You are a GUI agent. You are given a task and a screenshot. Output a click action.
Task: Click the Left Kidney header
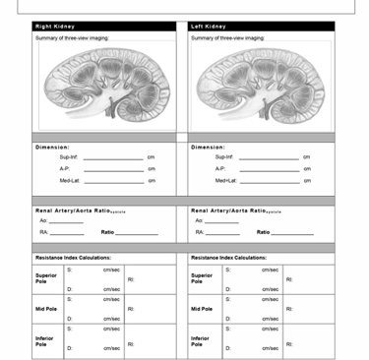(x=209, y=27)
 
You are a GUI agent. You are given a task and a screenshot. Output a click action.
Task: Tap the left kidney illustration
(x=260, y=88)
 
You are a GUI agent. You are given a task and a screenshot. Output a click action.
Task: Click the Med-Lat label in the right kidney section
(x=70, y=180)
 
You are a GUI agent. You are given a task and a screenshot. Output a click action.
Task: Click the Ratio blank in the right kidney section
(x=137, y=233)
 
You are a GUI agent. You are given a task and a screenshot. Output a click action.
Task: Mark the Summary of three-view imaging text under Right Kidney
(x=72, y=37)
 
